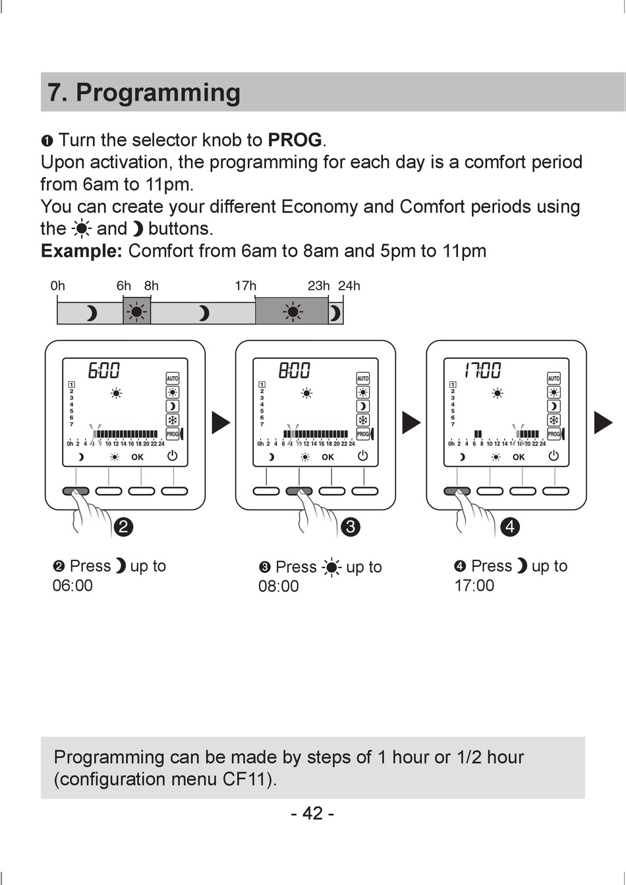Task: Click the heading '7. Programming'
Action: tap(144, 93)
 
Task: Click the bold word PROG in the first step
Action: tap(295, 140)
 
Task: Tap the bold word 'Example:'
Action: tap(82, 251)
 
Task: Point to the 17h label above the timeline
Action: tap(246, 286)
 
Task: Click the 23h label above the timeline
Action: tap(319, 286)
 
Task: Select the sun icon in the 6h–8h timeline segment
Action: tap(137, 311)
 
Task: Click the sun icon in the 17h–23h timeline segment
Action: tap(292, 311)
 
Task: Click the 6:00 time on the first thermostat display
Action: tap(104, 371)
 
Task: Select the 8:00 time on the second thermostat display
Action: tap(294, 371)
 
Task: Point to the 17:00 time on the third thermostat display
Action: tap(482, 371)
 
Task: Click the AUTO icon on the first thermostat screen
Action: tap(173, 379)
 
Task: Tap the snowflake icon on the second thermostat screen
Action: tap(363, 420)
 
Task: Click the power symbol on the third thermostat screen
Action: tap(554, 456)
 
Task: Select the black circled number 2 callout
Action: tap(123, 527)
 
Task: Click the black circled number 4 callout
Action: tap(510, 527)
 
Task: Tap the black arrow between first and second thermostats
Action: tap(221, 422)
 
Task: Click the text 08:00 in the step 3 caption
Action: tap(278, 587)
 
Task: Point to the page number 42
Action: tap(312, 814)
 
